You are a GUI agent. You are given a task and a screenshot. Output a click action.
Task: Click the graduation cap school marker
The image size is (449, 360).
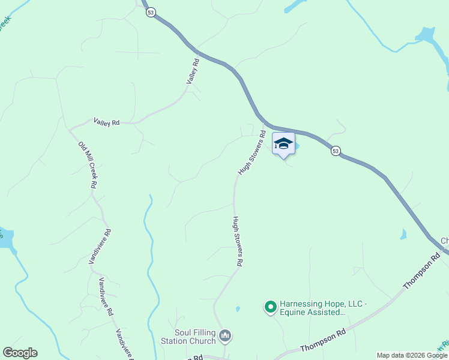[x=283, y=144]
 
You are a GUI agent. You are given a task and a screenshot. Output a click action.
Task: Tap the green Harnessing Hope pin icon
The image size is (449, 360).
[x=270, y=307]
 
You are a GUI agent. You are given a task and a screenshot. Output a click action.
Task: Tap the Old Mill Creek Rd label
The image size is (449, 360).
[x=87, y=164]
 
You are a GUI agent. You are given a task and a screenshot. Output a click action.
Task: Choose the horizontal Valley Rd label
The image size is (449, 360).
[x=106, y=122]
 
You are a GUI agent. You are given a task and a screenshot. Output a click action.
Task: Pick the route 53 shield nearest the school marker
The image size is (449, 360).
[x=336, y=151]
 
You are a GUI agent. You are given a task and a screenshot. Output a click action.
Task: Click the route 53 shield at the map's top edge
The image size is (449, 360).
[x=151, y=12]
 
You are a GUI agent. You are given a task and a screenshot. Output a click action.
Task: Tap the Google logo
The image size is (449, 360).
[x=20, y=353]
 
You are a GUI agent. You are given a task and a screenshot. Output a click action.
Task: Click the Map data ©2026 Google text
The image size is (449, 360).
[x=412, y=355]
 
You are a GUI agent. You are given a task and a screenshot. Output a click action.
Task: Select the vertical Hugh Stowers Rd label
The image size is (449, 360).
[x=237, y=241]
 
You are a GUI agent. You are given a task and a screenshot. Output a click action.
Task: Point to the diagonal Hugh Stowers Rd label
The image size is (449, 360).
[x=252, y=153]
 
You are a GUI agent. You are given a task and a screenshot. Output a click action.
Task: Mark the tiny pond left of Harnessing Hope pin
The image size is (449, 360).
[x=238, y=309]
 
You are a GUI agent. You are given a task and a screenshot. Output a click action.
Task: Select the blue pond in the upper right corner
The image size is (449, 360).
[x=427, y=34]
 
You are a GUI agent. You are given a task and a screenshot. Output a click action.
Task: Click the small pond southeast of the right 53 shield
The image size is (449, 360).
[x=403, y=234]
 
